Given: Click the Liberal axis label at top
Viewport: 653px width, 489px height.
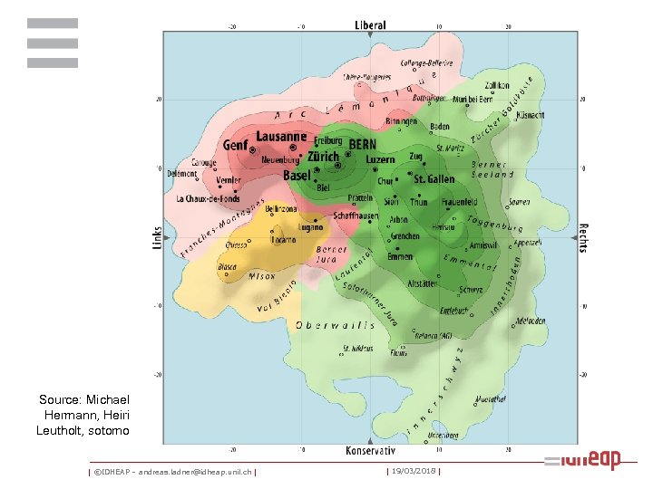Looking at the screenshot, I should click(370, 25).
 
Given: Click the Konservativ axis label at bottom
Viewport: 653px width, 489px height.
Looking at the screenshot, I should click(370, 450).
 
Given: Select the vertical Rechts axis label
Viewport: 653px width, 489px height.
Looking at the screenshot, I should click(583, 237).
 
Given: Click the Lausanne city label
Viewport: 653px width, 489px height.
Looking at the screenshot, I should click(281, 137).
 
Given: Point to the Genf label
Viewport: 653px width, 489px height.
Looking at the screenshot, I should click(236, 145).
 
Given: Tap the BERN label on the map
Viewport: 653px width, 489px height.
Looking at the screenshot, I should click(363, 144).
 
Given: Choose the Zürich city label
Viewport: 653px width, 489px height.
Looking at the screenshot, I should click(324, 157).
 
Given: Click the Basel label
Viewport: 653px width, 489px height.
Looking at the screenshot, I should click(297, 175).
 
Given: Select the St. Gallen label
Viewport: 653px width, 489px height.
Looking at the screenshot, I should click(434, 179).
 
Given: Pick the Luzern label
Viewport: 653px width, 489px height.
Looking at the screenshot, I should click(381, 159).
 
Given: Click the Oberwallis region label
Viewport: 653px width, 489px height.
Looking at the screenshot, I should click(335, 325).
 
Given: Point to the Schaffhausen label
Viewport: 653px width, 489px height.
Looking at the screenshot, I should click(356, 216).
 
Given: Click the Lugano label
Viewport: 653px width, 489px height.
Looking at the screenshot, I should click(312, 228).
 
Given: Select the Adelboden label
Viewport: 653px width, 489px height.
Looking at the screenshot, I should click(530, 321).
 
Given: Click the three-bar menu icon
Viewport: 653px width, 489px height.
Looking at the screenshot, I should click(53, 43).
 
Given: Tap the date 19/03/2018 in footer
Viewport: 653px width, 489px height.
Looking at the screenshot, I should click(413, 471).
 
